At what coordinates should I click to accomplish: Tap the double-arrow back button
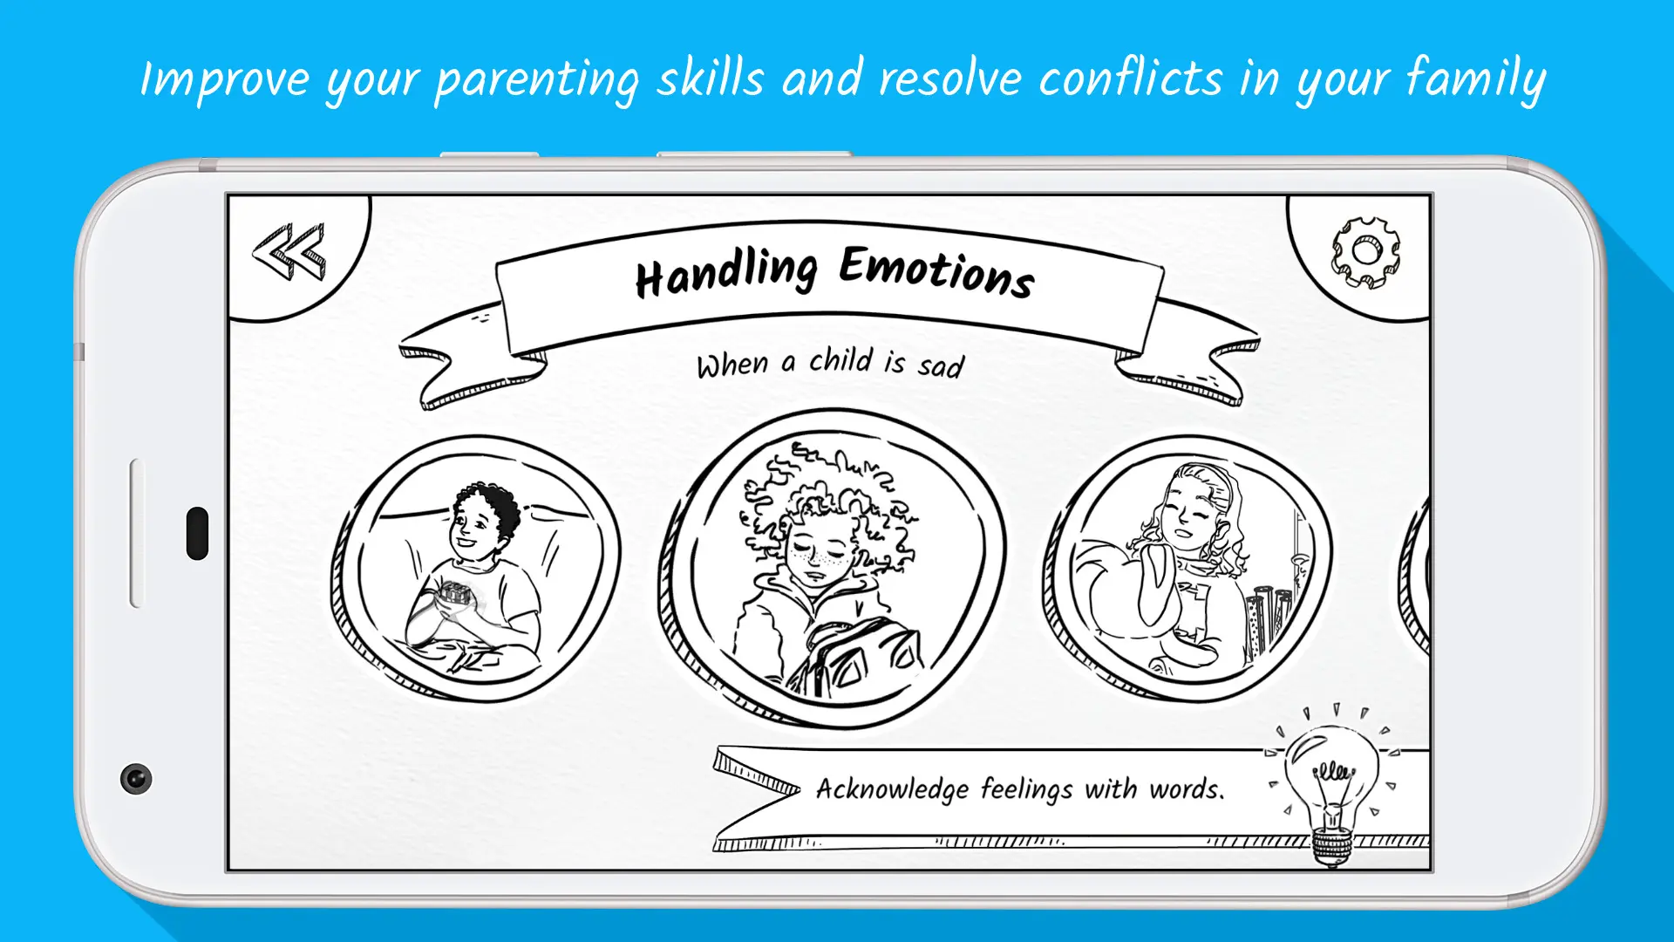[x=289, y=252]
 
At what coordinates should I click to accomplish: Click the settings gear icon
[x=1365, y=252]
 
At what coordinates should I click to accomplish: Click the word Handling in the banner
[x=726, y=273]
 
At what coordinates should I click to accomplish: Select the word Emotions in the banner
[x=937, y=271]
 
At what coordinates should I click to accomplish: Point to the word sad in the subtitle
[x=941, y=365]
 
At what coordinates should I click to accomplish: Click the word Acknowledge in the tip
[x=892, y=789]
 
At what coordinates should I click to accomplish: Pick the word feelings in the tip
[x=1026, y=789]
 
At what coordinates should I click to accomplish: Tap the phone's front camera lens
[x=136, y=778]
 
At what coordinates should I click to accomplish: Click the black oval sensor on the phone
[x=198, y=533]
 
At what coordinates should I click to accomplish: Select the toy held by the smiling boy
[x=453, y=595]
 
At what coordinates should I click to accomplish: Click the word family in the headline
[x=1475, y=79]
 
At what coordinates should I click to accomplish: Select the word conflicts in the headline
[x=1131, y=78]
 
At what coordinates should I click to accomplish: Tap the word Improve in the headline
[x=225, y=81]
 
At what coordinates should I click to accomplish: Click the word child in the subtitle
[x=840, y=359]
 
